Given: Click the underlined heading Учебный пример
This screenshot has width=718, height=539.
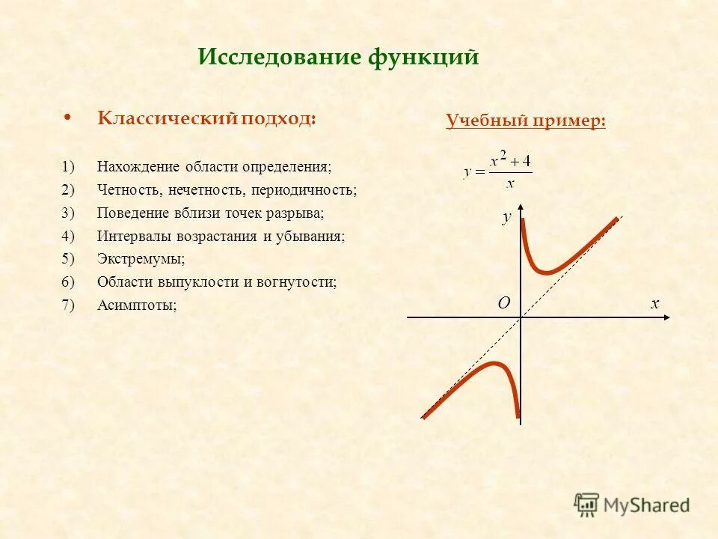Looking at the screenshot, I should click(526, 121).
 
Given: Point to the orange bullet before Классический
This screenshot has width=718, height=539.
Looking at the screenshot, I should click(68, 118).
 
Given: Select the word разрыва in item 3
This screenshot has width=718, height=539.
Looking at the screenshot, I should click(299, 213).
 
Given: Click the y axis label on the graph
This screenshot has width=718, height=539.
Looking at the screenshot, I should click(506, 217).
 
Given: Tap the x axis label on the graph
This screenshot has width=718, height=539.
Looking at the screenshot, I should click(654, 303).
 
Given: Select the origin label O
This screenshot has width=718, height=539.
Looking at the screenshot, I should click(503, 303).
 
